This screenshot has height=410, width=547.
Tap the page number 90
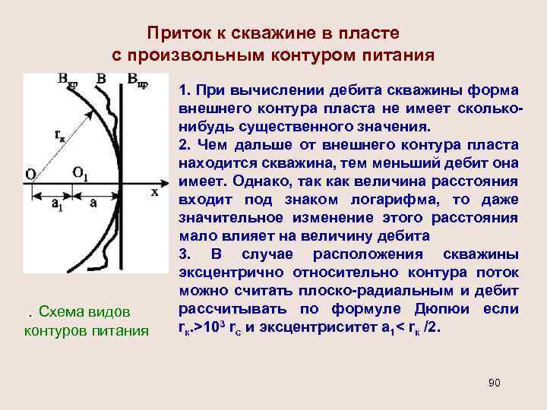coord(494,383)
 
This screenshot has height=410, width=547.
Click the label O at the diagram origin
coord(30,175)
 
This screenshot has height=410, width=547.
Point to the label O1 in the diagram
coord(81,172)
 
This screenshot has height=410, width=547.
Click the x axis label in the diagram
coord(154,192)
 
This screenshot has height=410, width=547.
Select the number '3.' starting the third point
coord(185,254)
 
